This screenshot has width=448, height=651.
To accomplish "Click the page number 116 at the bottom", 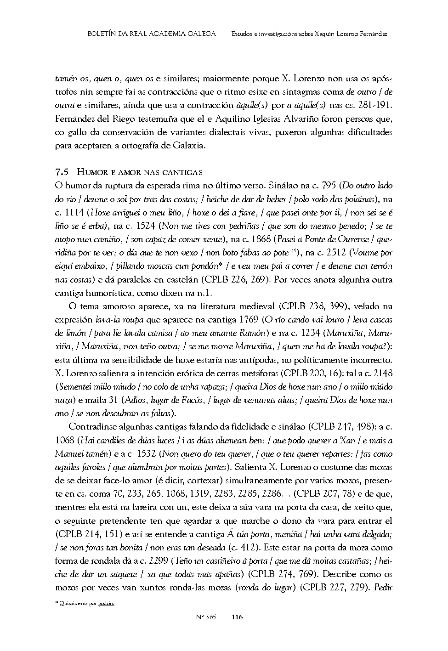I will [237, 617].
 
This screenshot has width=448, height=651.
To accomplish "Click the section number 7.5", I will [62, 172].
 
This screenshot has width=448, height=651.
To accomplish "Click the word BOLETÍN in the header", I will [102, 34].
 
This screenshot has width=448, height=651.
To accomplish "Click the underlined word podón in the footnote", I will [106, 603].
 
